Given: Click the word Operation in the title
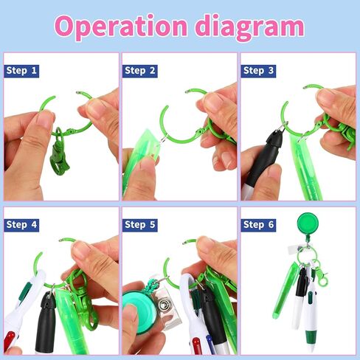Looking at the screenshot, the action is coord(121,27).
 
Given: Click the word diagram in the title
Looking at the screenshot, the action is coord(249,27).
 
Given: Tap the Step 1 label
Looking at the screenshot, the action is coord(21,71).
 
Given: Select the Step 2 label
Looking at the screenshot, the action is coord(140,71).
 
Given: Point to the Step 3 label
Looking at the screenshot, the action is coord(258,71).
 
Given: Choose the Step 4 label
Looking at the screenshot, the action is coord(21,225).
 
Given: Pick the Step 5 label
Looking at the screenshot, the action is coord(140,225).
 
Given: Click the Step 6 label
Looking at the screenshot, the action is coord(258,225).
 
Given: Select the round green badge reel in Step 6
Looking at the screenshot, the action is coord(308,224).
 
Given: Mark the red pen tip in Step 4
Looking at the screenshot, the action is coord(10,342).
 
